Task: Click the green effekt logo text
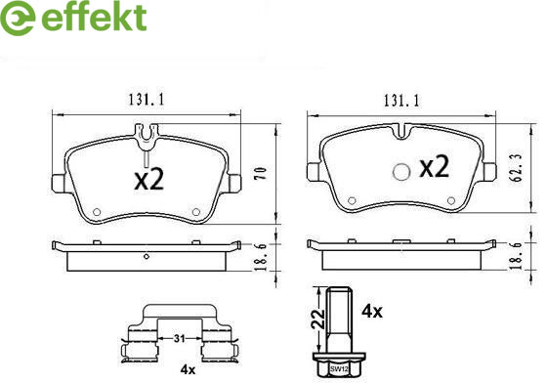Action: tap(94, 17)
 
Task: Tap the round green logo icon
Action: tap(18, 18)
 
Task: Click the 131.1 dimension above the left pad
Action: tap(147, 100)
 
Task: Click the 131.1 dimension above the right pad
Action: tap(401, 101)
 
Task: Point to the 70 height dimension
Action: tap(262, 173)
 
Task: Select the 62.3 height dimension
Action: tap(518, 167)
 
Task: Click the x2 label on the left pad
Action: tap(149, 180)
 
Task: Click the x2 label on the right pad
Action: tap(434, 166)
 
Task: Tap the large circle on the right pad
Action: tap(400, 172)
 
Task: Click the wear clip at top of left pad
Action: tap(147, 138)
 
